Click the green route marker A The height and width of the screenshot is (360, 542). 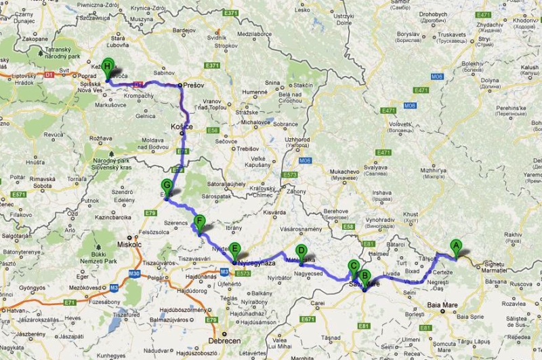tap(455, 247)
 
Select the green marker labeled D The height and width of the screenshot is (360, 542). tap(301, 250)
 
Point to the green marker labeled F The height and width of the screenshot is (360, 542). tap(199, 221)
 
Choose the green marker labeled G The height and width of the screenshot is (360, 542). tap(166, 185)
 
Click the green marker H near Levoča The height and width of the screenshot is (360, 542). tap(107, 66)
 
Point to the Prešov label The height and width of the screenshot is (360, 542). tap(194, 85)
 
